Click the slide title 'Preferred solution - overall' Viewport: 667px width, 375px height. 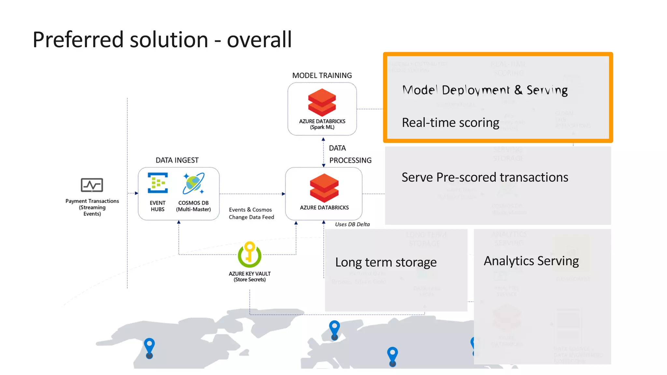(162, 40)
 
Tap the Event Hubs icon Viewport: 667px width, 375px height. (158, 183)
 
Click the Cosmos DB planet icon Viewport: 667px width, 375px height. (193, 183)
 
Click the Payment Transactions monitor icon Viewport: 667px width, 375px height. (92, 185)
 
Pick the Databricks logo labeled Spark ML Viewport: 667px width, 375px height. (322, 103)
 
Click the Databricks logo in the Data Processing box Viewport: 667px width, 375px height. (324, 188)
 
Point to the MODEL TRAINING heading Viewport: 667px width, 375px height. (322, 76)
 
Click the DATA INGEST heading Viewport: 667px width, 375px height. (177, 160)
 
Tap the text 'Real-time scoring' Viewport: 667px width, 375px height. (450, 123)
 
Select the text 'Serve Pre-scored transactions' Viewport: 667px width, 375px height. (485, 177)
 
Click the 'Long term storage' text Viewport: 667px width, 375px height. (386, 262)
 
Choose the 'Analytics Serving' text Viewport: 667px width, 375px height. (531, 261)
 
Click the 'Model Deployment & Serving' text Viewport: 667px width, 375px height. (485, 90)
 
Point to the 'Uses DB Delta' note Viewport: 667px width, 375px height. (352, 224)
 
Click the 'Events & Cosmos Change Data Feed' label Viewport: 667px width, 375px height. (251, 214)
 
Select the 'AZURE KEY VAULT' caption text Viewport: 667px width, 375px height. (249, 274)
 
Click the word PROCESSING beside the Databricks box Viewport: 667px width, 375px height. (350, 160)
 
